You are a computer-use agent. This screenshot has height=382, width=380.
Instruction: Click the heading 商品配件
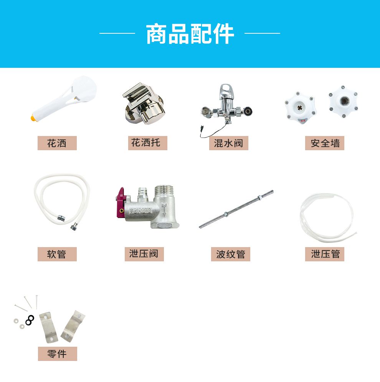click(190, 34)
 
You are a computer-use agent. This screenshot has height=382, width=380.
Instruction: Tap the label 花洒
click(57, 143)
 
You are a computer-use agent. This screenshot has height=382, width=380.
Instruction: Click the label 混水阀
click(229, 143)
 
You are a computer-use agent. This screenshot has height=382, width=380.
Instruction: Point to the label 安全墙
click(325, 143)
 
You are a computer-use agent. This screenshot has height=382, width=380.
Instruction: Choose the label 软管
click(57, 254)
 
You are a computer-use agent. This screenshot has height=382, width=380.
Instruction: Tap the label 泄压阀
click(144, 254)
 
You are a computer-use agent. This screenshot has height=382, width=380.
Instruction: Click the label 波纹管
click(231, 254)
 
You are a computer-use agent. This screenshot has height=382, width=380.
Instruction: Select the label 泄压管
click(325, 254)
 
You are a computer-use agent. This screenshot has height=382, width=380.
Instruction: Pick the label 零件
click(57, 354)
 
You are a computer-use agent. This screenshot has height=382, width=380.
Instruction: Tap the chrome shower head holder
click(144, 103)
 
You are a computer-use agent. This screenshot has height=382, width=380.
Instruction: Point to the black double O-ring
click(30, 320)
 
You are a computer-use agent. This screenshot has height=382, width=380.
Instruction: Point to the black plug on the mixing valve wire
click(202, 128)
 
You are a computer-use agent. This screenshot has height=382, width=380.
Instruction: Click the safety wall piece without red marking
click(344, 102)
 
